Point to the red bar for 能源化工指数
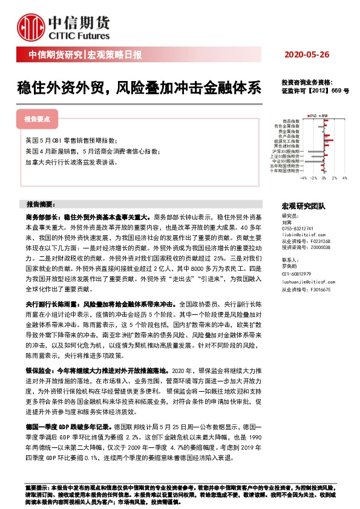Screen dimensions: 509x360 (x=329, y=141)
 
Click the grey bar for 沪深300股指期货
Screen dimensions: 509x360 (x=316, y=151)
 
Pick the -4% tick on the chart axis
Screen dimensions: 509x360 (x=304, y=178)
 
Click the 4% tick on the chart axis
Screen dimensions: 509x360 (x=344, y=178)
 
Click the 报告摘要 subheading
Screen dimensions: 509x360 (x=41, y=204)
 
